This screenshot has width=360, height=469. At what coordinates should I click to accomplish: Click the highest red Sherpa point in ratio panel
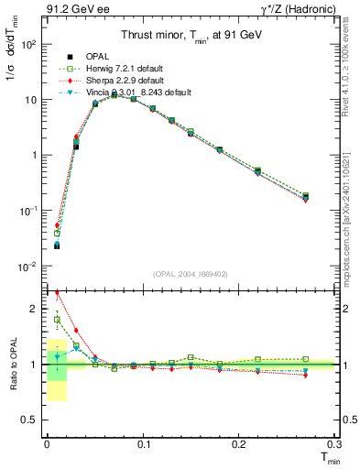point(57,293)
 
